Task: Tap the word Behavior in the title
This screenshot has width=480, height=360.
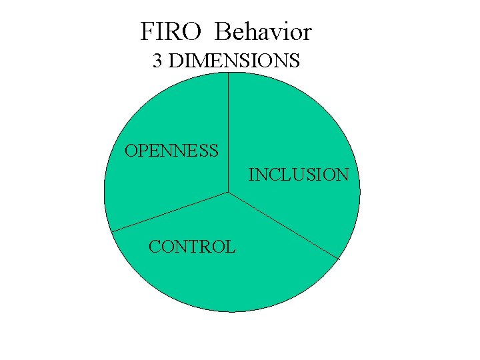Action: [264, 31]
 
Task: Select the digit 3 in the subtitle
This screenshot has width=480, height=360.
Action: [157, 61]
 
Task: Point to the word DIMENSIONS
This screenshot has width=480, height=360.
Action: [234, 61]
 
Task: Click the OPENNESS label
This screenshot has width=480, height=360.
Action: [172, 151]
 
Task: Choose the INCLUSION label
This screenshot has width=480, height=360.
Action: [299, 175]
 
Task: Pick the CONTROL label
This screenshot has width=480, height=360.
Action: [192, 247]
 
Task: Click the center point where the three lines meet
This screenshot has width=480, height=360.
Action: [228, 193]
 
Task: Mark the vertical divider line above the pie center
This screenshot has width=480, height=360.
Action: [228, 133]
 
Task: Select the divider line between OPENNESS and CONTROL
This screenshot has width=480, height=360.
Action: [170, 212]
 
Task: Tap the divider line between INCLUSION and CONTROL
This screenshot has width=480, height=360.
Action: [283, 225]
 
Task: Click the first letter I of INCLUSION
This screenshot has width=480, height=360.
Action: [251, 175]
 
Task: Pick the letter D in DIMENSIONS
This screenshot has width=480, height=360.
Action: [176, 61]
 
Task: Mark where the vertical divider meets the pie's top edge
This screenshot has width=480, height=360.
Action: [228, 73]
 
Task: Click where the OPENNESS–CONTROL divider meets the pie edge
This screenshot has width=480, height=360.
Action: [111, 231]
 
